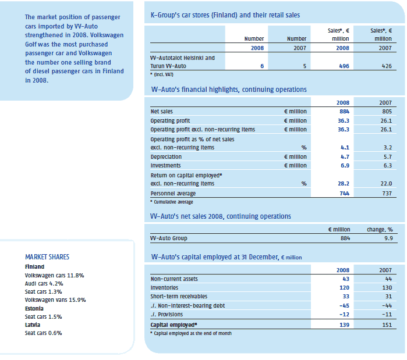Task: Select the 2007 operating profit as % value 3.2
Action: tap(388, 148)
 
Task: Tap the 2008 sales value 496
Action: tap(344, 66)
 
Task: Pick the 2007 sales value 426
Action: tap(387, 66)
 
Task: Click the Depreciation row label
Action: tap(166, 157)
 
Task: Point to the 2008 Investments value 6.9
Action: tap(345, 166)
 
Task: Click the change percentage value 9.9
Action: tap(388, 238)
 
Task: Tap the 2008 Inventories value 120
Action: tap(344, 288)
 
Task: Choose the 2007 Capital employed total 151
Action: tap(387, 325)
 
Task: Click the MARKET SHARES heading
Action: tap(47, 257)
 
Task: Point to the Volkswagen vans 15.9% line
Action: tap(55, 300)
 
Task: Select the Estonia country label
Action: tap(34, 308)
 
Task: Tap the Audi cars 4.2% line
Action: tap(44, 284)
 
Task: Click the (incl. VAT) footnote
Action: tap(162, 74)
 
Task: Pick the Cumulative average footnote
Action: tap(172, 202)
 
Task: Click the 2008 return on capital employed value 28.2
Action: tap(344, 184)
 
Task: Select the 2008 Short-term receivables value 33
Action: tap(346, 297)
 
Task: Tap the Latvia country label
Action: tap(33, 325)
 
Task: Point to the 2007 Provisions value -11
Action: tap(387, 315)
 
